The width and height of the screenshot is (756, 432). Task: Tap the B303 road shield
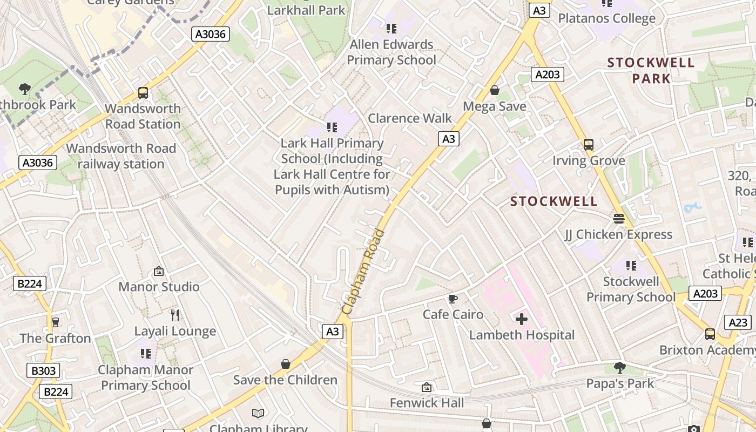(x=43, y=370)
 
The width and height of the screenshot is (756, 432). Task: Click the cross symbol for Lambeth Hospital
(x=522, y=319)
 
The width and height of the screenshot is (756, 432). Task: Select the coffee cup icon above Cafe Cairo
(x=453, y=299)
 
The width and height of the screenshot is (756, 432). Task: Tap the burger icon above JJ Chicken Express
(x=618, y=219)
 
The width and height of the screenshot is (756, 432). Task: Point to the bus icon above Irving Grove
(x=589, y=145)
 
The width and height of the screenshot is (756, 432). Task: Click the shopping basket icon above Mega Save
(x=494, y=90)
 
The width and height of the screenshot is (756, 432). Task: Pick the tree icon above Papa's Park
(x=620, y=368)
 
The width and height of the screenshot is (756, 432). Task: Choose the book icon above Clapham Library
(x=258, y=414)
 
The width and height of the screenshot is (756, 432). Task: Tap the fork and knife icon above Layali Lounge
(x=175, y=315)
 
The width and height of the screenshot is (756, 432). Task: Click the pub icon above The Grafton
(x=55, y=322)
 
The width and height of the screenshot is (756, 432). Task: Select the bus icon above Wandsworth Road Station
(x=143, y=92)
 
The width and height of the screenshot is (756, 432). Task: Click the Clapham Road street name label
(x=363, y=272)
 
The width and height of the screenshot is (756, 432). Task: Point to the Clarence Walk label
(x=410, y=118)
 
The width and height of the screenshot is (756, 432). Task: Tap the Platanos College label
(x=606, y=18)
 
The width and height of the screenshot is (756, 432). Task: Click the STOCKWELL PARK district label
(x=651, y=70)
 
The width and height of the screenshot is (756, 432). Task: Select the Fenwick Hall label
(x=427, y=403)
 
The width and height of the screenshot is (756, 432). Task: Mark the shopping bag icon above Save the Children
(x=286, y=364)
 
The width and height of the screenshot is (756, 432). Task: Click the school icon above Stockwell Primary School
(x=631, y=265)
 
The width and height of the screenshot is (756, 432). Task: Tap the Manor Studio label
(x=159, y=287)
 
